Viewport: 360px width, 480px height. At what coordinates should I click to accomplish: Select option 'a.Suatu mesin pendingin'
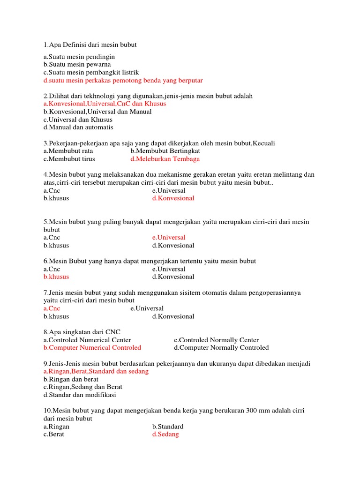tap(79, 57)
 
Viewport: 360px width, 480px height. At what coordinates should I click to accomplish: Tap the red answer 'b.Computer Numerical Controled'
tap(92, 348)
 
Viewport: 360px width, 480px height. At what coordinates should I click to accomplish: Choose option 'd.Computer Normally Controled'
tap(221, 348)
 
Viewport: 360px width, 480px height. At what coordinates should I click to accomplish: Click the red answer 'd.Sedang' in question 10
tap(165, 435)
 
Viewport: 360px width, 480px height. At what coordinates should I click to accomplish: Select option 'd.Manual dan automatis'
tap(78, 127)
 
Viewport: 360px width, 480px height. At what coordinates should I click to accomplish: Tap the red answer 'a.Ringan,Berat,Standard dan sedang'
tap(96, 371)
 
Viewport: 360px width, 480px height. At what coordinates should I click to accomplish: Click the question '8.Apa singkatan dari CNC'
tap(82, 332)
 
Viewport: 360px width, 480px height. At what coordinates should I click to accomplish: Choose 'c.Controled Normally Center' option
tap(216, 340)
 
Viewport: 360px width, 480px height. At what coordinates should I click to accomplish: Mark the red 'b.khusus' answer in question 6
tap(56, 277)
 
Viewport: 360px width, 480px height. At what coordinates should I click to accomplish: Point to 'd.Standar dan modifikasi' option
tap(80, 395)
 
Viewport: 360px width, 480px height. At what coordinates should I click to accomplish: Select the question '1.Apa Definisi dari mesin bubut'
tap(90, 45)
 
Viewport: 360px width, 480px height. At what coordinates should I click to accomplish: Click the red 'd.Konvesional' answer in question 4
tap(173, 198)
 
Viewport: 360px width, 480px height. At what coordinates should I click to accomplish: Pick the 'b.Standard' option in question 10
tap(168, 427)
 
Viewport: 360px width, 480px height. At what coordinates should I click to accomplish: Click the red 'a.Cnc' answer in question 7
tap(52, 308)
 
